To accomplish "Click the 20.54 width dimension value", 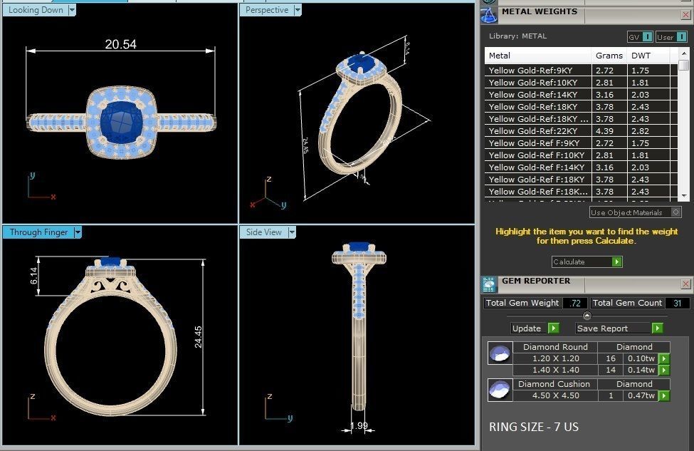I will click(120, 44).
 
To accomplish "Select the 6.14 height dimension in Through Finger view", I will click(33, 277).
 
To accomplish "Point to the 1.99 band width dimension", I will click(359, 427).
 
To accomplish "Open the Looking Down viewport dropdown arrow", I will click(72, 10).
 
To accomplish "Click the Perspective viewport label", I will click(267, 10).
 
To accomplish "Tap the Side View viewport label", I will click(264, 232).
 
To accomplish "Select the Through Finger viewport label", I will click(39, 232).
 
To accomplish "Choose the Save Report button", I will click(619, 328).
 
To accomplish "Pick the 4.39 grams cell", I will click(604, 131).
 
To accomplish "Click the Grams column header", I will click(609, 56).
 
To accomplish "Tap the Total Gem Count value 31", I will click(677, 304).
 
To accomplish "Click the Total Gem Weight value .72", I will click(574, 304).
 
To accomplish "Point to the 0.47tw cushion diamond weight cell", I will click(641, 395).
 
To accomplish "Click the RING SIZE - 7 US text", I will click(534, 427).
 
